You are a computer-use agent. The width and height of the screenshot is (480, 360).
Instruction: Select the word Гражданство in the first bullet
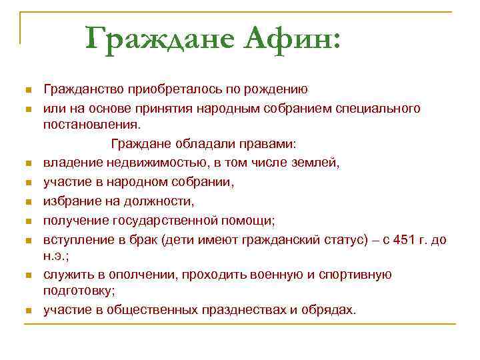pos(83,89)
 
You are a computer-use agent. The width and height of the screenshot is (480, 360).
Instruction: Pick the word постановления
pos(91,125)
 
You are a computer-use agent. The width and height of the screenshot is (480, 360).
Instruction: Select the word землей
pos(316,162)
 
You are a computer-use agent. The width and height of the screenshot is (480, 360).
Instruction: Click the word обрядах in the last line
pos(332,310)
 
